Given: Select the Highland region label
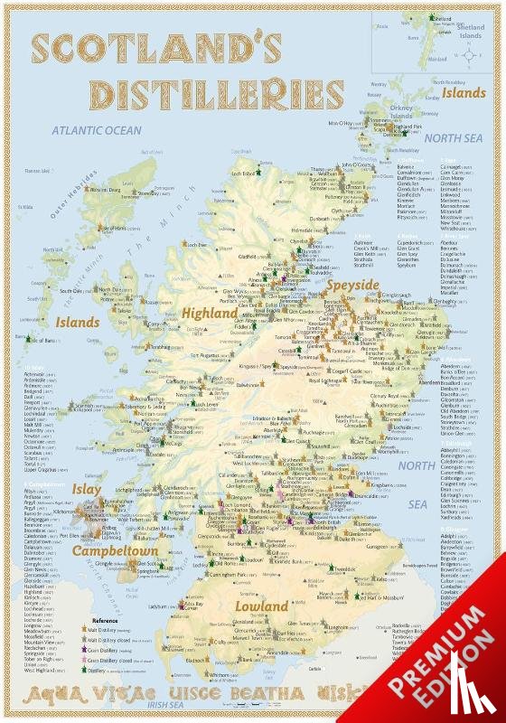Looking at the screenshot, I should pyautogui.click(x=211, y=312).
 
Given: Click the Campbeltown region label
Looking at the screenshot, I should pyautogui.click(x=115, y=550).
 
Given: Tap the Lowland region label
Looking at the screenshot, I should pyautogui.click(x=262, y=606).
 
